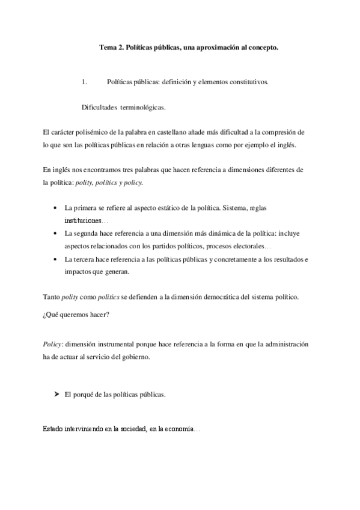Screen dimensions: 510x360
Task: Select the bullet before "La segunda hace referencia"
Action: click(55, 233)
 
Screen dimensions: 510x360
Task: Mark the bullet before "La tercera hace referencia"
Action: click(55, 259)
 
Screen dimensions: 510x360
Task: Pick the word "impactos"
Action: click(78, 271)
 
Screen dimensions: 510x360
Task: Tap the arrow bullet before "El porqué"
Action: click(56, 395)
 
